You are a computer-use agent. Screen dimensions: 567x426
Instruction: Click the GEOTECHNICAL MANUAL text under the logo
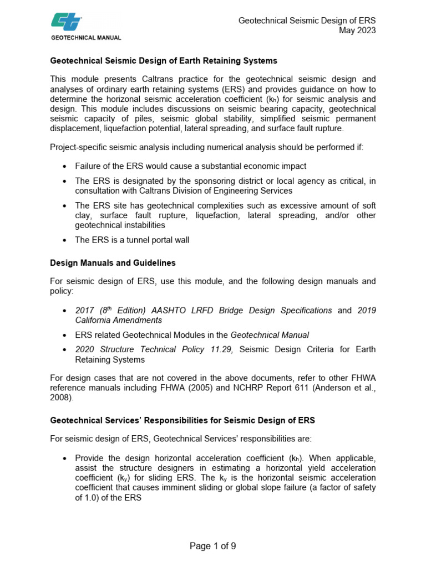coord(86,38)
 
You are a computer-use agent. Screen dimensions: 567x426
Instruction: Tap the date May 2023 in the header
coord(357,30)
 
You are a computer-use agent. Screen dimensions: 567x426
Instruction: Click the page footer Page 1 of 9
coord(213,546)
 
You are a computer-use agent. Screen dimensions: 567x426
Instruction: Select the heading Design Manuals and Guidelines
coord(113,262)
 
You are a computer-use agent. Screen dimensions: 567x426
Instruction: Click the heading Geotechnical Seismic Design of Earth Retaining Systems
coord(163,60)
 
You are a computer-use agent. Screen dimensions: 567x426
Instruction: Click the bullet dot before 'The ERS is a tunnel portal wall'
coord(66,240)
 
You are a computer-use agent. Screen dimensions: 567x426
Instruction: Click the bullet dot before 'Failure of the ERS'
coord(66,166)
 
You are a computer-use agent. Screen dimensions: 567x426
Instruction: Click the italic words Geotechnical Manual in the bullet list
coord(270,334)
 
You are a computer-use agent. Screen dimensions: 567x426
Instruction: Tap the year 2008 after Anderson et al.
coord(60,397)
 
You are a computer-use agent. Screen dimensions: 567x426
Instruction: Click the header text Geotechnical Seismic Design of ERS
coord(307,21)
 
